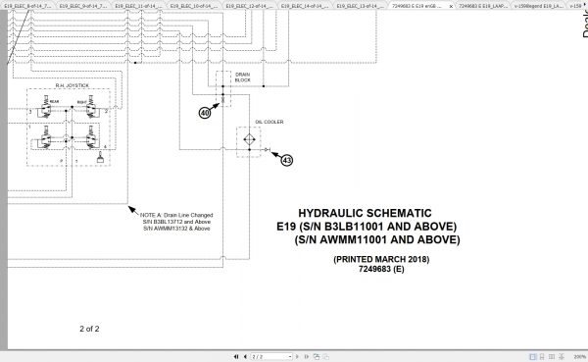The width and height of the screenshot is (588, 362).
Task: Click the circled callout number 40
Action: [x=204, y=113]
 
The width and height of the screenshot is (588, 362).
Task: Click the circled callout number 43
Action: [x=285, y=159]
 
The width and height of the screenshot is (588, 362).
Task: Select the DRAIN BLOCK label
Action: [x=243, y=77]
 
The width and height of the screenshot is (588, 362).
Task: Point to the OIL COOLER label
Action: [x=268, y=123]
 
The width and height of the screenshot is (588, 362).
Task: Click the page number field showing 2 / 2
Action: [x=258, y=357]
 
